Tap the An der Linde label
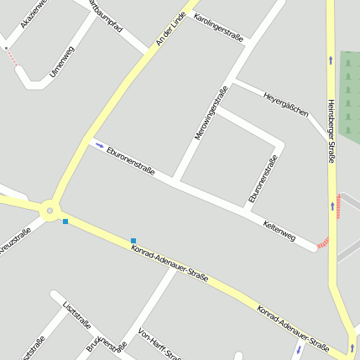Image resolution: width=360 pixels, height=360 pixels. click(x=170, y=29)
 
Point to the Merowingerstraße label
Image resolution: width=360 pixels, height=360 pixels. click(x=211, y=112)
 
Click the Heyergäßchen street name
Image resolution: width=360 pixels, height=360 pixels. click(x=285, y=103)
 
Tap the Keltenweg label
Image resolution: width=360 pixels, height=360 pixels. click(x=279, y=232)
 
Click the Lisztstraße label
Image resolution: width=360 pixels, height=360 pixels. click(x=76, y=318)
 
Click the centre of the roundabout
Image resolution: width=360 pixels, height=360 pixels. click(x=50, y=211)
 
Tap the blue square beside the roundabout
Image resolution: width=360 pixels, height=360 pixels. click(x=65, y=222)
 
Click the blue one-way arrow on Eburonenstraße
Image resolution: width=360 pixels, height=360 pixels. click(x=99, y=144)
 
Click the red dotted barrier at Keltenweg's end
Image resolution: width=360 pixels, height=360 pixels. click(x=323, y=243)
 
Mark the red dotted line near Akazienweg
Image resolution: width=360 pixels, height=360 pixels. click(x=11, y=57)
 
